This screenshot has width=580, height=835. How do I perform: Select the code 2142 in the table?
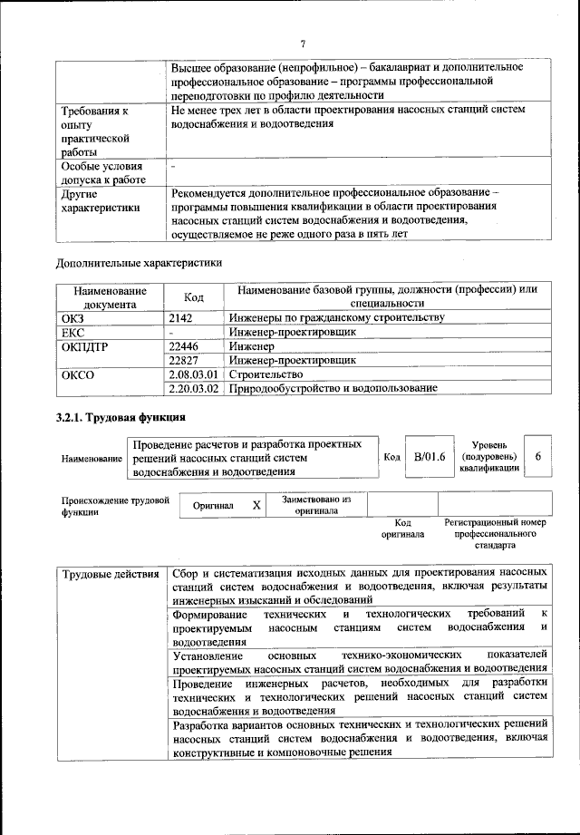pos(183,317)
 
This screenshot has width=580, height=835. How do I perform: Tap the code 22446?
pos(184,345)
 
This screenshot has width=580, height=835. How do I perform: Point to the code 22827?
pos(184,360)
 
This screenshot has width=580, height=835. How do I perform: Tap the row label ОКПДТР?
pos(84,345)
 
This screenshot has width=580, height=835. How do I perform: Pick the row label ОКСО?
pos(77,374)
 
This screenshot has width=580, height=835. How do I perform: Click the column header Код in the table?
pos(194,296)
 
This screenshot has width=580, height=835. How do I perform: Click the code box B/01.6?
pos(428,457)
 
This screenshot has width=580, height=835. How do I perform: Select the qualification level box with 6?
pos(538,457)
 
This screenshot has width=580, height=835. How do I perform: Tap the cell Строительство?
pos(265,374)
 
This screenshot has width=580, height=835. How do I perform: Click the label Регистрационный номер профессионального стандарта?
pos(495,535)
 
